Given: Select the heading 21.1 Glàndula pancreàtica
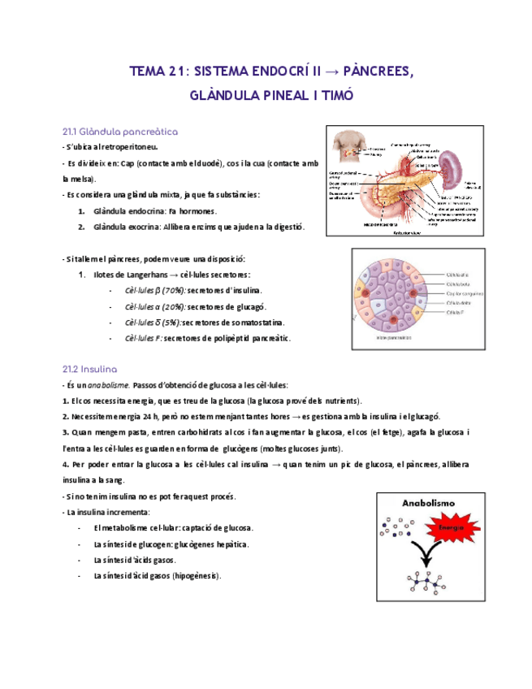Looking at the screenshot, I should (x=120, y=131).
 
